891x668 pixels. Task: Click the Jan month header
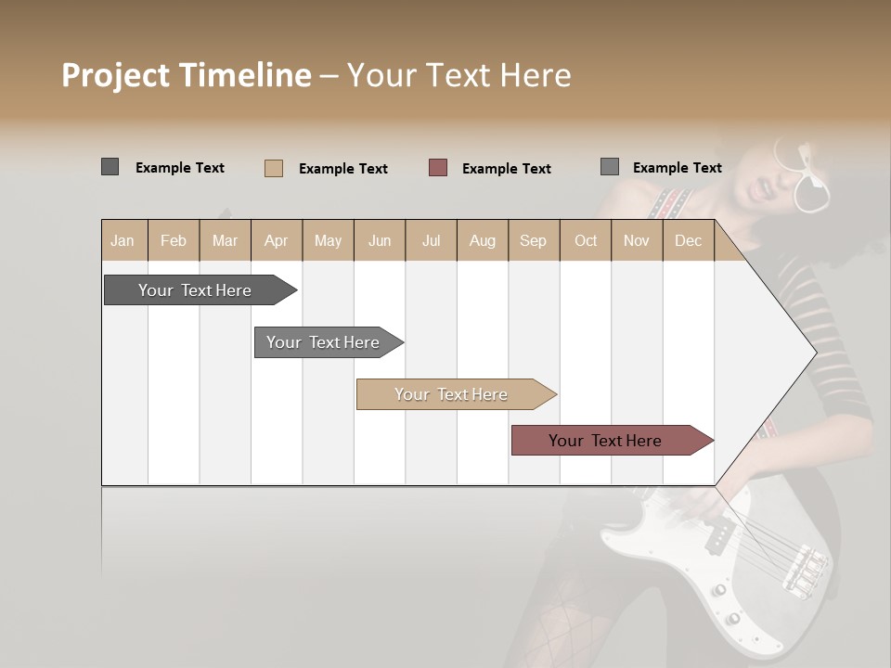coord(123,240)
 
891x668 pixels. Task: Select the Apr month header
coord(277,240)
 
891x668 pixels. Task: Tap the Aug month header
coord(483,240)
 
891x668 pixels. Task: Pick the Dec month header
coord(689,240)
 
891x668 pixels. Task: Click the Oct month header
coord(586,240)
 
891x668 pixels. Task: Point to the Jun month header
coord(380,240)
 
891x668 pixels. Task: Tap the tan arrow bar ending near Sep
coord(452,394)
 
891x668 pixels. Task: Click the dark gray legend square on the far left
coord(110,167)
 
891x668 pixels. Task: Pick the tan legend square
coord(273,168)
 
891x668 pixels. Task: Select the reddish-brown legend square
coord(438,167)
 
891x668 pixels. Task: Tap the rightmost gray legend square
coord(610,167)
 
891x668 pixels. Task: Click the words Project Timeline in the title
coord(186,75)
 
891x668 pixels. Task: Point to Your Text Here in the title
coord(458,75)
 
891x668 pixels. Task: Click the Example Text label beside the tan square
coord(342,169)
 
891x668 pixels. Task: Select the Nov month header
coord(637,240)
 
